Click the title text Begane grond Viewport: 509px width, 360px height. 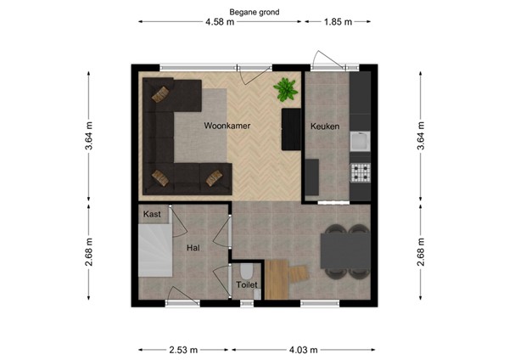[254, 13]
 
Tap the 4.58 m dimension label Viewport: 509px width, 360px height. [219, 23]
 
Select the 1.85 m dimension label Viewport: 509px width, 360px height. [338, 23]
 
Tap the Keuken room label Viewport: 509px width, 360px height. [325, 127]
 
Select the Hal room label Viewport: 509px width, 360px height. [193, 248]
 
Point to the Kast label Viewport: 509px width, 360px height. [153, 214]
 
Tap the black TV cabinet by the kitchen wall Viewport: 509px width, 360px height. [291, 128]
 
